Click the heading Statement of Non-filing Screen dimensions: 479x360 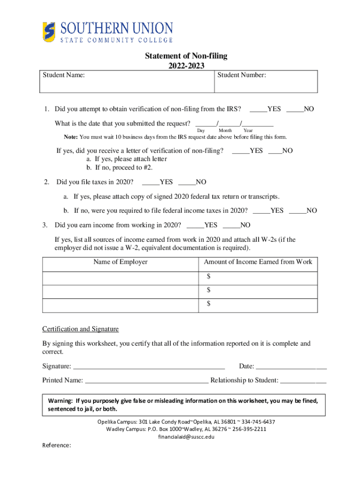click(186, 56)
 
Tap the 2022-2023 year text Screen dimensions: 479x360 click(186, 65)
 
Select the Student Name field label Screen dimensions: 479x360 click(64, 74)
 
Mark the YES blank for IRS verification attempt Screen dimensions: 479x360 click(258, 109)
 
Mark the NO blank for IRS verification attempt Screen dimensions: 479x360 click(295, 109)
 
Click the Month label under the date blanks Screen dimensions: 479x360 click(225, 130)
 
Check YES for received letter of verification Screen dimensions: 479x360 click(240, 151)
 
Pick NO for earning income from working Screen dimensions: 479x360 click(231, 225)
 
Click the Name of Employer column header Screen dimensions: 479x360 click(120, 262)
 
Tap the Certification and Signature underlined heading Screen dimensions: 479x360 click(80, 329)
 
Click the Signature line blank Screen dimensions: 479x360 click(149, 366)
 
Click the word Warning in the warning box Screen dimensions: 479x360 click(60, 401)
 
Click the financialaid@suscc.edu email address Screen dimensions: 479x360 click(186, 436)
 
